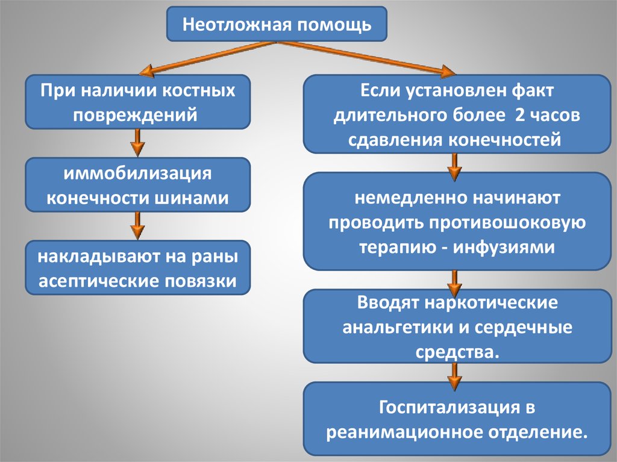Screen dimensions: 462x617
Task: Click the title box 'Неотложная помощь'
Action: (277, 24)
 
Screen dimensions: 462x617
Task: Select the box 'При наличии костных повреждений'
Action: (137, 102)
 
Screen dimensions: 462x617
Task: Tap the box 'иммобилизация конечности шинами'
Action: (137, 185)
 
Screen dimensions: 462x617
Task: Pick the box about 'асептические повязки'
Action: (137, 268)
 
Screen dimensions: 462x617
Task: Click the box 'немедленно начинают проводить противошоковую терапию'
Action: (457, 221)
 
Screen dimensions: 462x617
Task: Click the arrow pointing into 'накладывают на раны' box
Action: (137, 226)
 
